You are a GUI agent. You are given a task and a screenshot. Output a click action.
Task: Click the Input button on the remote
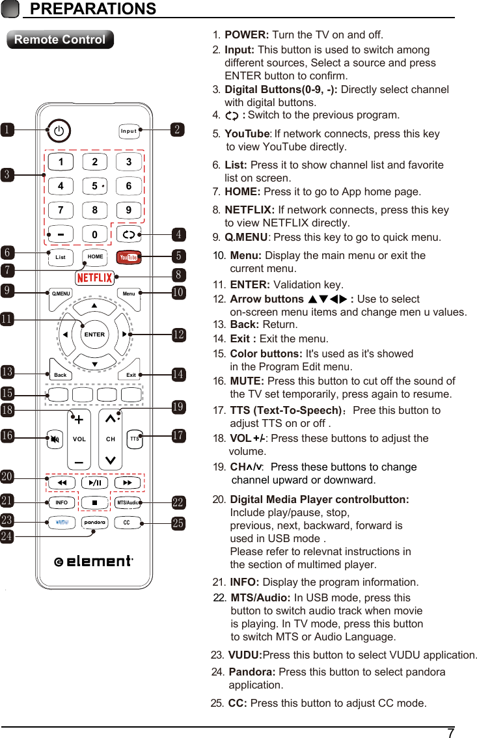pyautogui.click(x=129, y=131)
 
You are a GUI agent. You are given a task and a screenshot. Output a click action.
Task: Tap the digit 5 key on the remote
pyautogui.click(x=95, y=186)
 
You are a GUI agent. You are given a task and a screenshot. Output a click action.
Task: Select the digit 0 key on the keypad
pyautogui.click(x=95, y=234)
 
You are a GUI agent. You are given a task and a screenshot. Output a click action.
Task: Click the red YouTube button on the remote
pyautogui.click(x=128, y=257)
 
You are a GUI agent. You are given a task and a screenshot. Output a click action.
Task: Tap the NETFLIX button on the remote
pyautogui.click(x=94, y=278)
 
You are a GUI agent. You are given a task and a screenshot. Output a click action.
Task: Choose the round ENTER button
pyautogui.click(x=94, y=334)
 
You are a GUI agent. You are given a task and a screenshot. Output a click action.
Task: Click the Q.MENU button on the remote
pyautogui.click(x=61, y=294)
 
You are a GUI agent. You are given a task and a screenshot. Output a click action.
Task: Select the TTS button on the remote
pyautogui.click(x=133, y=439)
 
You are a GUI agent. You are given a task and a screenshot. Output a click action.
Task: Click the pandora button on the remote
pyautogui.click(x=94, y=523)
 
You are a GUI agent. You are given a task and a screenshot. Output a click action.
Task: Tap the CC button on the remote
pyautogui.click(x=128, y=523)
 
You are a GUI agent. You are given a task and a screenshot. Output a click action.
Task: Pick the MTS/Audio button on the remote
pyautogui.click(x=128, y=503)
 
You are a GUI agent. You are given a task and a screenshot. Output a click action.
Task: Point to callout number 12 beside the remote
pyautogui.click(x=178, y=335)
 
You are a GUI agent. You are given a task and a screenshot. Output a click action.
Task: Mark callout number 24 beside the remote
pyautogui.click(x=7, y=537)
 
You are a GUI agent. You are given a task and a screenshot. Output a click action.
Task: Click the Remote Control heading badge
pyautogui.click(x=60, y=40)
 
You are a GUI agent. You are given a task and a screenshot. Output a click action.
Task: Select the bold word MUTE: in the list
pyautogui.click(x=247, y=381)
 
